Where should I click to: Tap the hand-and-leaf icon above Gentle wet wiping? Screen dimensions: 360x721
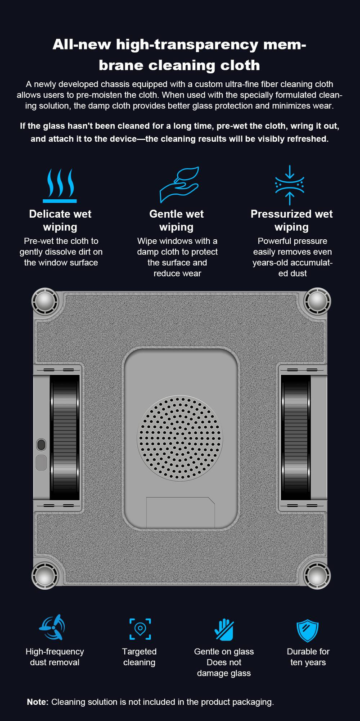(180, 184)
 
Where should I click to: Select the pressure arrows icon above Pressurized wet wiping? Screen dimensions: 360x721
(289, 185)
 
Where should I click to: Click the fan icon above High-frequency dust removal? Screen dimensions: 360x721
(52, 627)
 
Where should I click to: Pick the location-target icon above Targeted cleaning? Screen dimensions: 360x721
(140, 629)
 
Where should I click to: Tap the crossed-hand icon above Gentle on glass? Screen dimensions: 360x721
(224, 629)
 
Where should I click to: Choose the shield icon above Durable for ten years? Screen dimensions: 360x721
(307, 630)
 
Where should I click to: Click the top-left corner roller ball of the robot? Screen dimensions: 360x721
(45, 301)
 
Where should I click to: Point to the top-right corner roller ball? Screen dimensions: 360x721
(317, 301)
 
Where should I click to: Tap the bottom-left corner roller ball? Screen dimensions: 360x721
(45, 576)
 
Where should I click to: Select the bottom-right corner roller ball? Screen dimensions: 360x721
(317, 576)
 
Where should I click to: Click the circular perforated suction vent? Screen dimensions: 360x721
(180, 438)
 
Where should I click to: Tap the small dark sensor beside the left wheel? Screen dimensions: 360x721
(41, 444)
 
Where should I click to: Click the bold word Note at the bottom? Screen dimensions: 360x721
(37, 702)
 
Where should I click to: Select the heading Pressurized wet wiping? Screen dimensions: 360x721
(292, 220)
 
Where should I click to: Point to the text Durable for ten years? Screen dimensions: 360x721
(308, 657)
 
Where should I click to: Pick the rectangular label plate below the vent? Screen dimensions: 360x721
(180, 512)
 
